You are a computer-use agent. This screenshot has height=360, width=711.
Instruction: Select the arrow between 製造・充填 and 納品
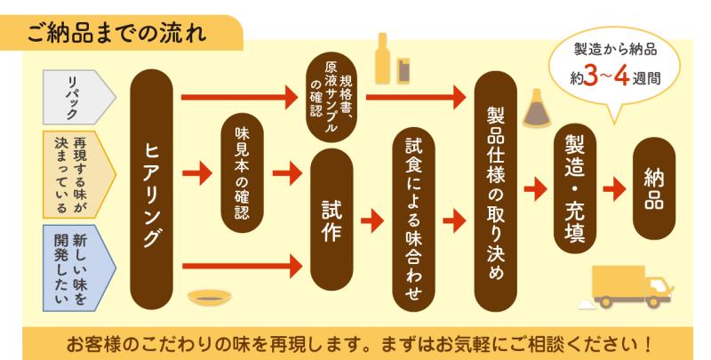[x=614, y=189]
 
